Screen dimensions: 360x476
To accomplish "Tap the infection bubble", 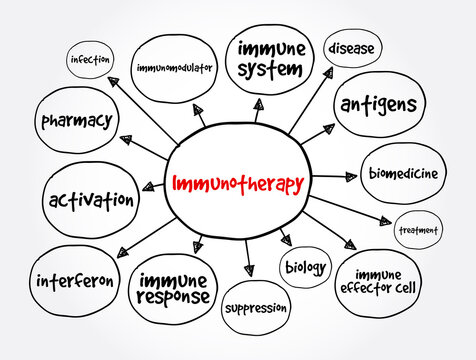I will [91, 59].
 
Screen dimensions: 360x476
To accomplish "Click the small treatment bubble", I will [418, 230].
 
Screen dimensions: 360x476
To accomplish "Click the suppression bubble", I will [255, 309].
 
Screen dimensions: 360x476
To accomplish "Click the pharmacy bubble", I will [75, 122].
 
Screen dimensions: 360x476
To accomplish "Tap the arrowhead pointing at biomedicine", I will [352, 177].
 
